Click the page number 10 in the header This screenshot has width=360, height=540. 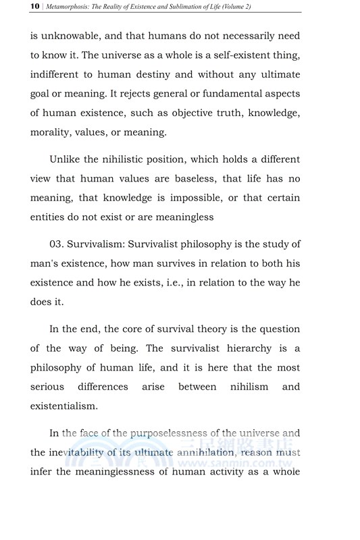pos(16,6)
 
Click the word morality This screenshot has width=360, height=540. pos(54,132)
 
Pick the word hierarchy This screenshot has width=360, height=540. pos(242,348)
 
